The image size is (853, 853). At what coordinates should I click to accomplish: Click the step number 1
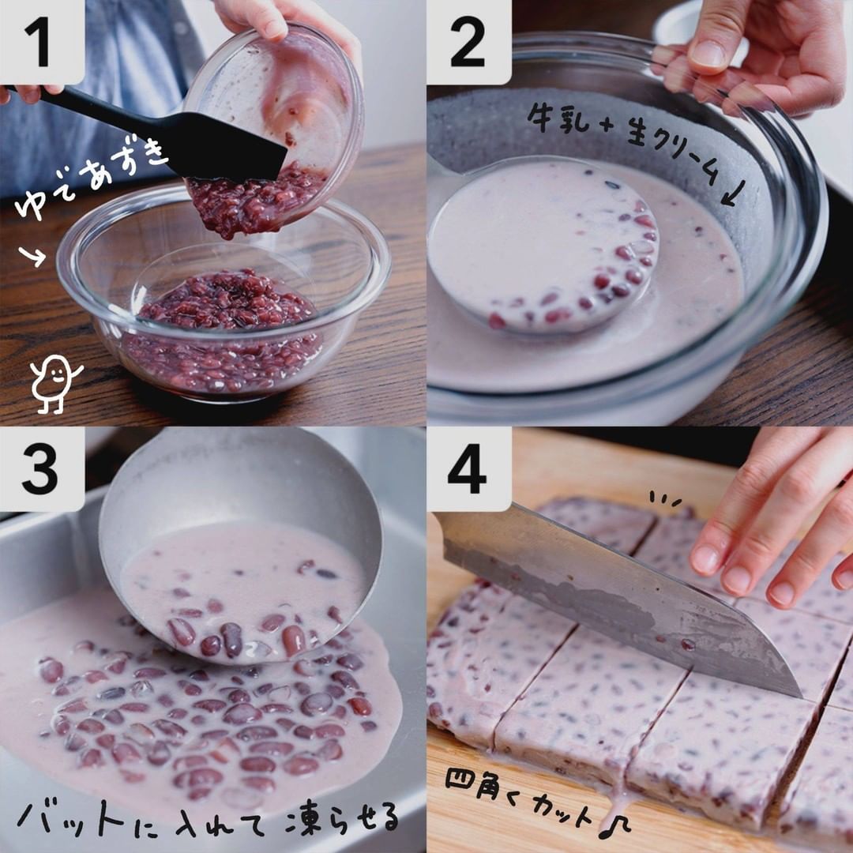click(x=39, y=43)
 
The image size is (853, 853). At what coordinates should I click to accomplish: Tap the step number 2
click(x=468, y=43)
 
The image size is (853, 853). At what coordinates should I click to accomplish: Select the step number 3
click(x=39, y=470)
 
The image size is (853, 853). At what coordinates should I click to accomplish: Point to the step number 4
click(x=467, y=469)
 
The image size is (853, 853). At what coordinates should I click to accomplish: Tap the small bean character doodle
click(x=54, y=384)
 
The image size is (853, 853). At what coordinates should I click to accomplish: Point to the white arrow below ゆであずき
click(x=32, y=256)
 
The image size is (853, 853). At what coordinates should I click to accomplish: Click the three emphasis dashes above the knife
click(x=665, y=498)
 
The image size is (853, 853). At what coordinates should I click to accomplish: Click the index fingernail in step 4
click(x=706, y=560)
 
